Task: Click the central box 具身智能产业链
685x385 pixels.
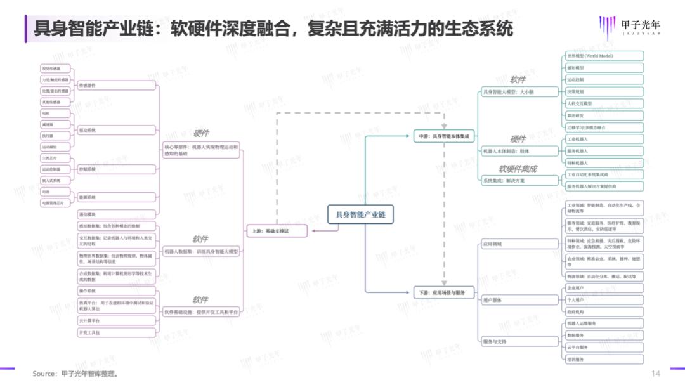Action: point(360,215)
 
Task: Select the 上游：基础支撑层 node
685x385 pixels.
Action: point(276,232)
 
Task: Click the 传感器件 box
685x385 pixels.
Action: point(116,85)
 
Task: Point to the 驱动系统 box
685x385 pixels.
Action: point(116,130)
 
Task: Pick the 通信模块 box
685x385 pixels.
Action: point(116,214)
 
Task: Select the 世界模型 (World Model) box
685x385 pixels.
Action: point(604,56)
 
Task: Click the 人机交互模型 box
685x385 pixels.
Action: point(604,103)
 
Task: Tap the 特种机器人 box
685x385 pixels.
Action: point(604,162)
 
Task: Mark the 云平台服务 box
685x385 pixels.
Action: point(604,348)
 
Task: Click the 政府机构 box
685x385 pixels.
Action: point(604,312)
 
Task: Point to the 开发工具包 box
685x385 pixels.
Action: point(116,332)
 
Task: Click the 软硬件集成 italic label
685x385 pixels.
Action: point(518,169)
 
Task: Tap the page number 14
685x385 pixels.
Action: point(656,373)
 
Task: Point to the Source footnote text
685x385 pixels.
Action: point(75,374)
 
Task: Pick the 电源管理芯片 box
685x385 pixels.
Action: point(55,203)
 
